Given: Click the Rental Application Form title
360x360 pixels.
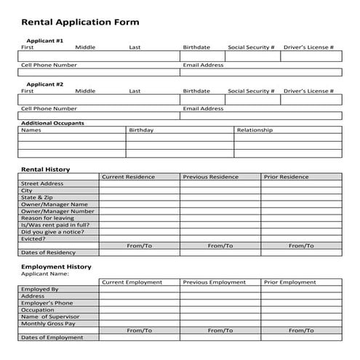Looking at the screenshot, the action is (x=80, y=22).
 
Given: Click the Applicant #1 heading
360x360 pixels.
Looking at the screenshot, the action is (x=45, y=41).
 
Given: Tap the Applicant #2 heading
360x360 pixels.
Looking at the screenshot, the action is (x=45, y=84).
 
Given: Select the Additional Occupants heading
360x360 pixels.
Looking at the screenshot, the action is (x=52, y=123).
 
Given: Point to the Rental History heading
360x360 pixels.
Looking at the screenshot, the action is (x=46, y=169).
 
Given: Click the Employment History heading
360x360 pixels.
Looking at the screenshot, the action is (x=55, y=267).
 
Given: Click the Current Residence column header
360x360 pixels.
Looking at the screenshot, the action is (x=128, y=177).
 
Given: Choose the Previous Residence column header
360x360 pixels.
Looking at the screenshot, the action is (x=210, y=177).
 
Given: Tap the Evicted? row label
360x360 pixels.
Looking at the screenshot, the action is (x=34, y=238).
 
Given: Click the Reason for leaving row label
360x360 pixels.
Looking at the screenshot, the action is (x=48, y=217).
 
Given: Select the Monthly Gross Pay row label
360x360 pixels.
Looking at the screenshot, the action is (x=49, y=323).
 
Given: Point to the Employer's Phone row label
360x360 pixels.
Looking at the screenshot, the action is (x=47, y=303).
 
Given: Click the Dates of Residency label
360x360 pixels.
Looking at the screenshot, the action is (x=48, y=252).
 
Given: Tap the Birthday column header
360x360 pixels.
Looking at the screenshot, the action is (x=141, y=130).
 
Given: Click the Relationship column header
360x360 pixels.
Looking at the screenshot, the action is (x=255, y=130).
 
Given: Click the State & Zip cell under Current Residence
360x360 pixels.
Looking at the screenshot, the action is (x=139, y=197).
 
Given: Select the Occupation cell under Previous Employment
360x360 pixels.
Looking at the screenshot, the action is (x=220, y=309).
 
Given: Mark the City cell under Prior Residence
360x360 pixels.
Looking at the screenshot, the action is (x=301, y=191).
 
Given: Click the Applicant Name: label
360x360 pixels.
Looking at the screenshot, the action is (x=46, y=274).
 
